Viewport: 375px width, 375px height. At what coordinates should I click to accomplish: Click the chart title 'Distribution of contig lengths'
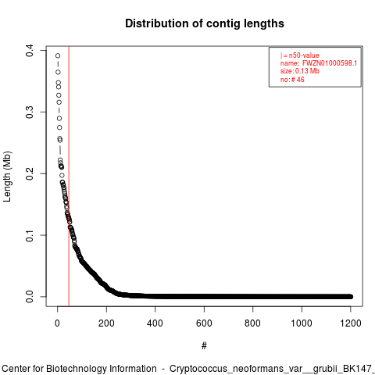205,23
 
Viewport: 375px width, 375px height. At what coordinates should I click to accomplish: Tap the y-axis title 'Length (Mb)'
8,177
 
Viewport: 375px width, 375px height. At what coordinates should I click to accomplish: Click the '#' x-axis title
204,346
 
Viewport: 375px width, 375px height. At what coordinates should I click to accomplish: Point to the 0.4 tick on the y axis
30,50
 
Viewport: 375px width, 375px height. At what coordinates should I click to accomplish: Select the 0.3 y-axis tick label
30,112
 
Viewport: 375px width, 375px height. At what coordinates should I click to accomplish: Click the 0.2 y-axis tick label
30,173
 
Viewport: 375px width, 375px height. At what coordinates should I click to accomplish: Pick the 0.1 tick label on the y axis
30,235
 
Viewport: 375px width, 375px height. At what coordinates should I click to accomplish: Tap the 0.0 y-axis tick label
30,297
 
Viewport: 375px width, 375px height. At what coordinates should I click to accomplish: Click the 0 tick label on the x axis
57,323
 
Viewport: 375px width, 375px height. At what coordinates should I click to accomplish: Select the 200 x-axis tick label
106,323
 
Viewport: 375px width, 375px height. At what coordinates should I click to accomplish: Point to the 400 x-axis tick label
155,323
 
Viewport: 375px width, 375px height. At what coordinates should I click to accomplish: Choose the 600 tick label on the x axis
204,323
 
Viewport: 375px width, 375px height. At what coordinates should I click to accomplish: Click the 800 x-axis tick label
252,323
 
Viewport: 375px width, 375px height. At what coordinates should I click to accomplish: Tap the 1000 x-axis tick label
302,323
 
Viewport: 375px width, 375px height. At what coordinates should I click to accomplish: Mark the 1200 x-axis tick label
351,323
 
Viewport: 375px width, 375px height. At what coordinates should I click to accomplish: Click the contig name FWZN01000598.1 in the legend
330,63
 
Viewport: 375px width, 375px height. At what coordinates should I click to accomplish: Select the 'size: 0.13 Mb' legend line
300,71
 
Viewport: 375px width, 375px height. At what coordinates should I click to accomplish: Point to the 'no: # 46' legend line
292,80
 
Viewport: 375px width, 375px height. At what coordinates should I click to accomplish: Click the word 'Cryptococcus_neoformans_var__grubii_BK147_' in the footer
273,369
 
